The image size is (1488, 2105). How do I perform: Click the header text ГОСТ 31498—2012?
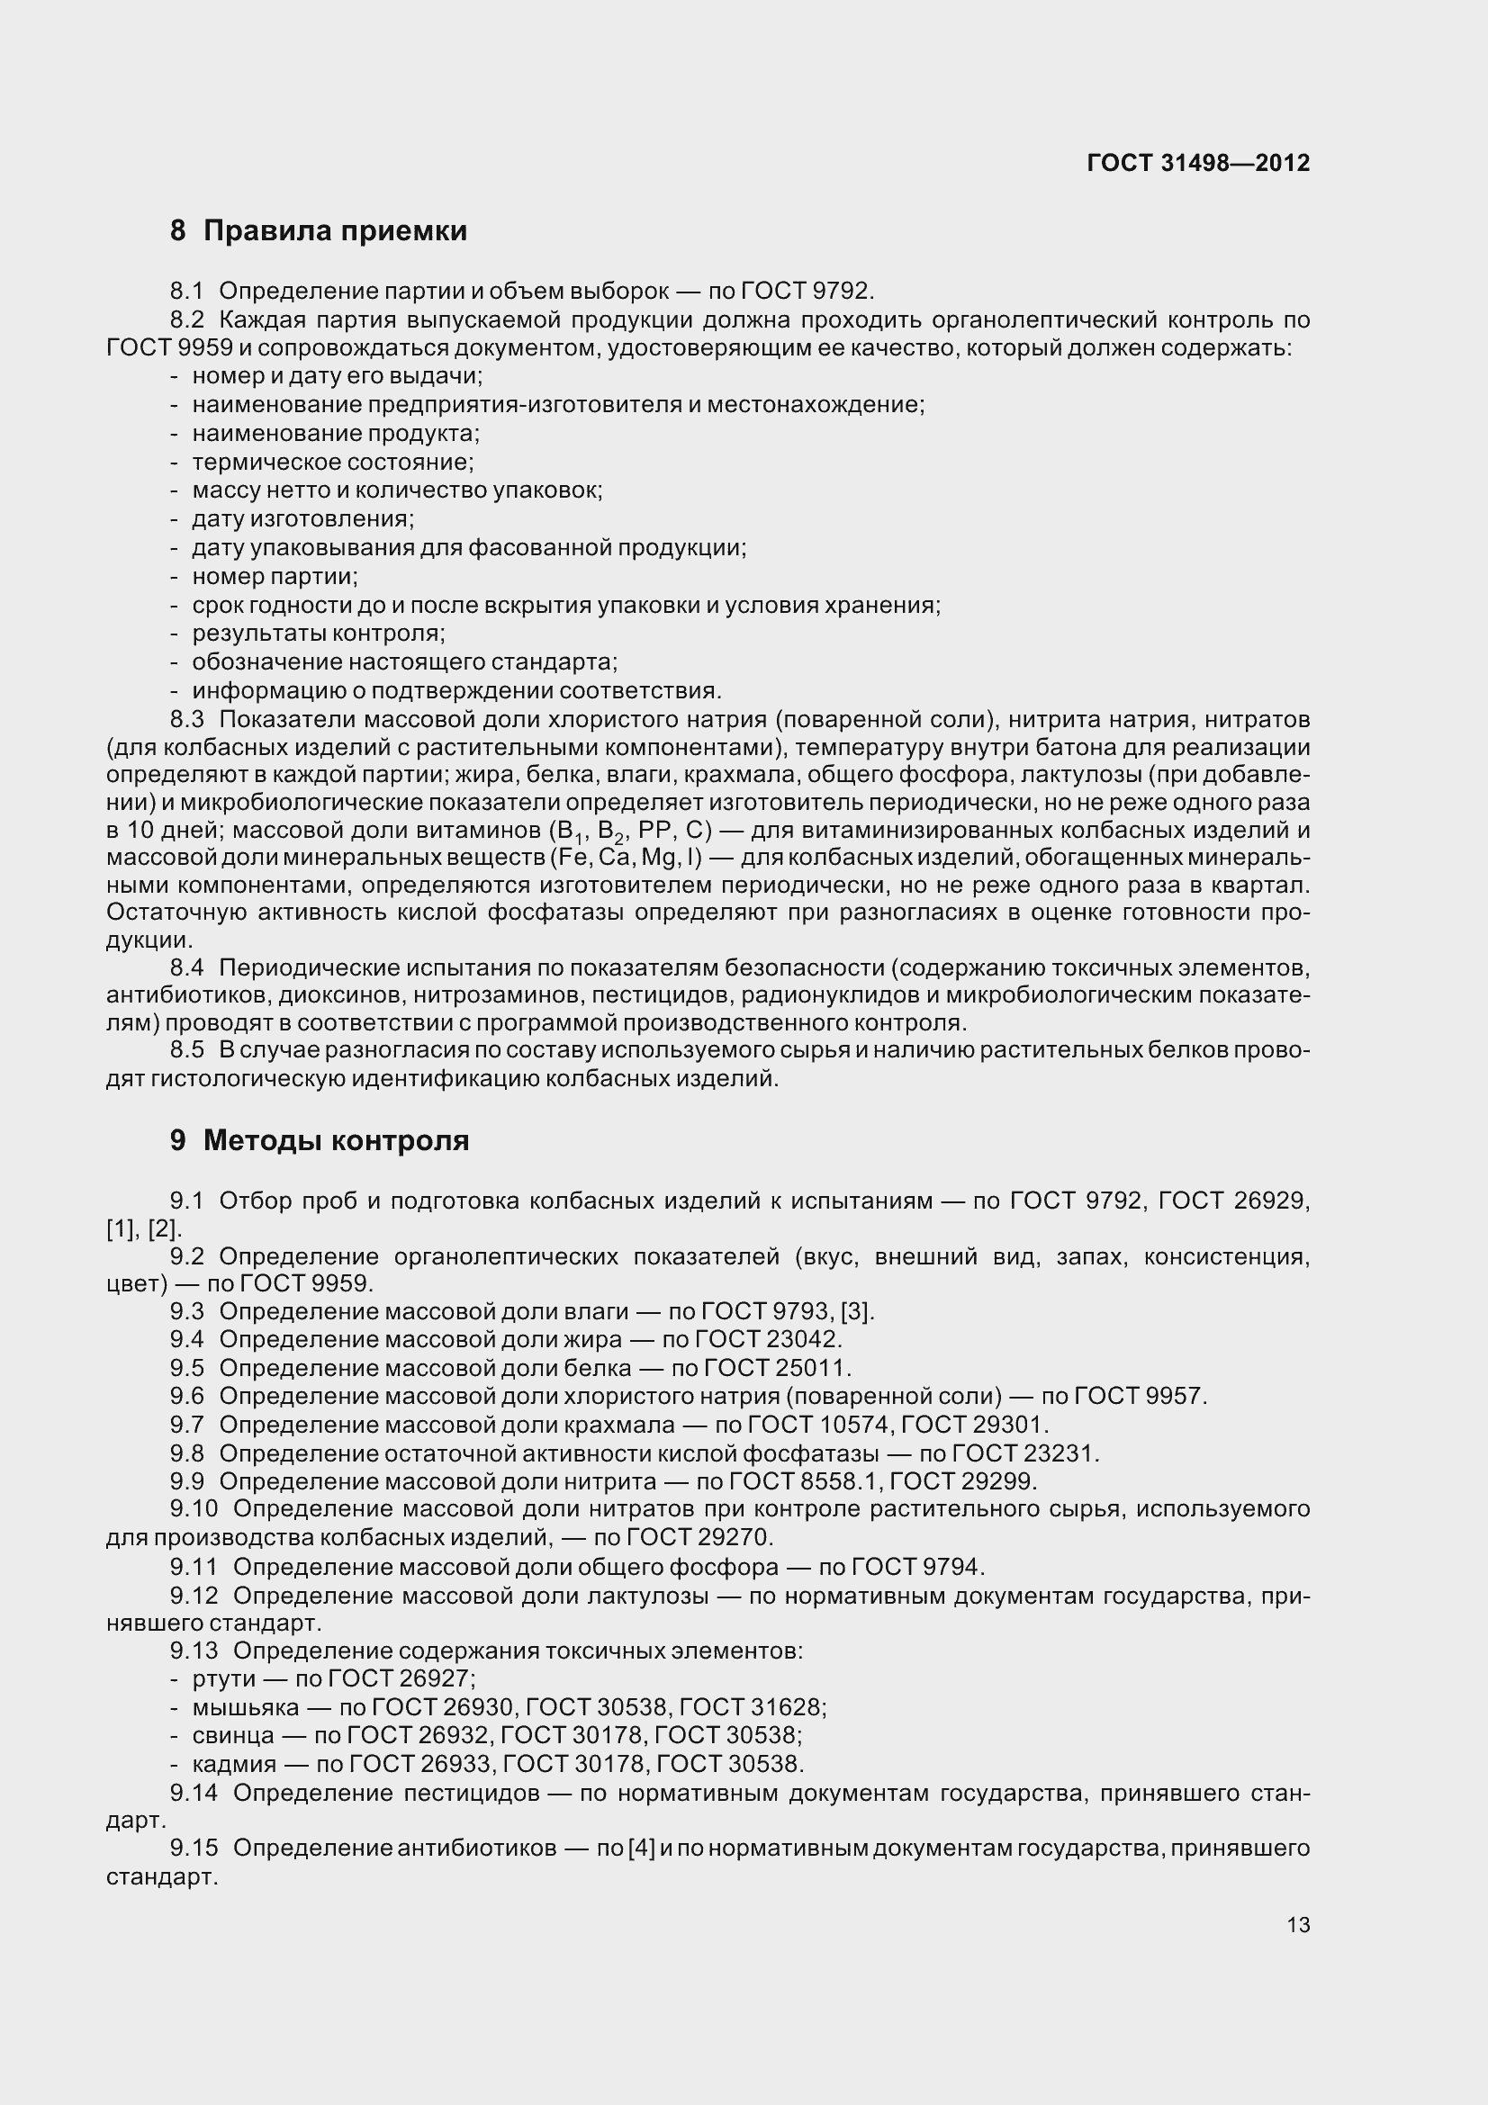1197,163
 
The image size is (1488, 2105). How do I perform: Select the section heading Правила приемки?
335,230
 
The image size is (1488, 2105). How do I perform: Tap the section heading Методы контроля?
336,1139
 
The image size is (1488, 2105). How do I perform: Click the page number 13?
1298,1924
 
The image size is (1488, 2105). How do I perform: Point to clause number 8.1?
186,292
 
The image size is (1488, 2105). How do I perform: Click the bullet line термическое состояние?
333,462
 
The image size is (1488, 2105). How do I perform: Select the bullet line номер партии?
275,577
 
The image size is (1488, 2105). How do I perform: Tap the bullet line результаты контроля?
318,634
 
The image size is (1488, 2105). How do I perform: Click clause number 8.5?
186,1049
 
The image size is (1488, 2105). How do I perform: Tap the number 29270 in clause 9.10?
735,1536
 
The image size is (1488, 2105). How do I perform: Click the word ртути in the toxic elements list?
224,1678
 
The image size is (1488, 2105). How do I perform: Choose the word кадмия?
234,1764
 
